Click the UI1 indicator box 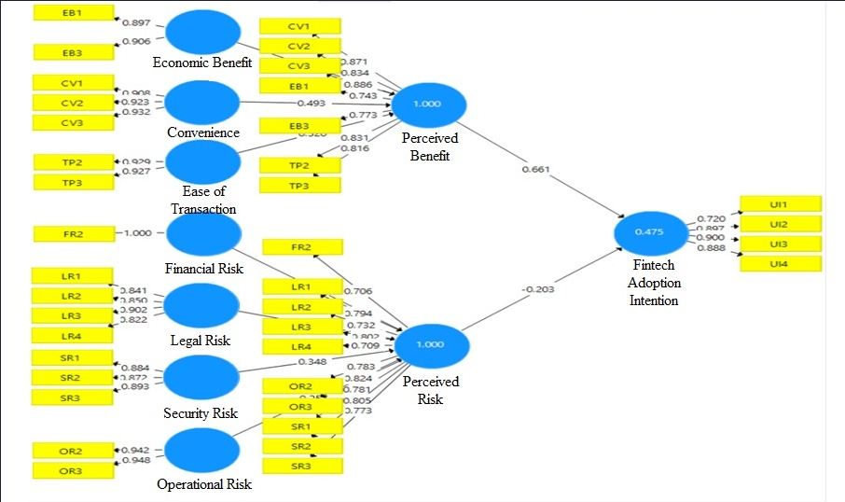(780, 203)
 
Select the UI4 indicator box (780, 264)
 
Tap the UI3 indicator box (780, 244)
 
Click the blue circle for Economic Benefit (203, 33)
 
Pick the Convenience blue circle (203, 103)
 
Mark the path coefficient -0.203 (538, 288)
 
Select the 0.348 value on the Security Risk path (312, 361)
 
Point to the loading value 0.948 (136, 460)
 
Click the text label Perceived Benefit (430, 147)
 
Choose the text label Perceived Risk (430, 390)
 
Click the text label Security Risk (201, 413)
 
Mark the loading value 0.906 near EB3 (136, 40)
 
